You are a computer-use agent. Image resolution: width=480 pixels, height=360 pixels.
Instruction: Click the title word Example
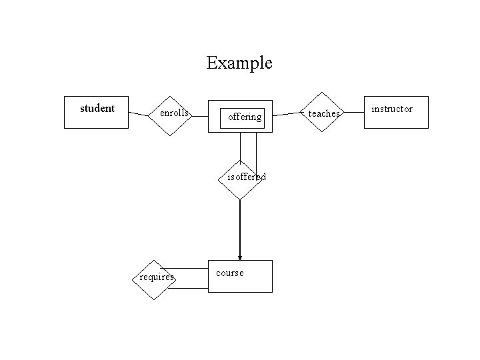tap(239, 63)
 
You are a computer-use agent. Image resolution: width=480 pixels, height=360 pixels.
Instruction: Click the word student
tap(97, 108)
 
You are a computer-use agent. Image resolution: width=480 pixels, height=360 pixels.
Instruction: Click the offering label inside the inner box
tap(244, 117)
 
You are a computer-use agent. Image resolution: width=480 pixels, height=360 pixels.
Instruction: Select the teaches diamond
tap(323, 112)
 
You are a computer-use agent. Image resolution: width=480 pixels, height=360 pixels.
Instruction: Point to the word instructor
tap(392, 109)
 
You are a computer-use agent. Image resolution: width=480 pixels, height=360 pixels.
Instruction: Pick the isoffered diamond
tap(240, 179)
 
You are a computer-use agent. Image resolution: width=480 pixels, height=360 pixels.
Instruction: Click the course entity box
tap(240, 276)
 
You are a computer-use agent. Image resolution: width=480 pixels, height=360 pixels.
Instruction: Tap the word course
tap(230, 273)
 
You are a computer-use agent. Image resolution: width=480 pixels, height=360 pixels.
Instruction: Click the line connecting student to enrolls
tap(139, 114)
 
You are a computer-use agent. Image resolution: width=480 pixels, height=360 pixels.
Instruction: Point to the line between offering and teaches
tap(287, 114)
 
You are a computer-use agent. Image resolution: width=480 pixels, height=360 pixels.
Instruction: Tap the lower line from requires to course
tap(190, 288)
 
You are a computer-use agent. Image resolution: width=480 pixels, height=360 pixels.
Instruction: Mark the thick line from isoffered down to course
tap(240, 227)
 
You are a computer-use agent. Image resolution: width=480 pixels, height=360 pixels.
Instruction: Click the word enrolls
tap(174, 113)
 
